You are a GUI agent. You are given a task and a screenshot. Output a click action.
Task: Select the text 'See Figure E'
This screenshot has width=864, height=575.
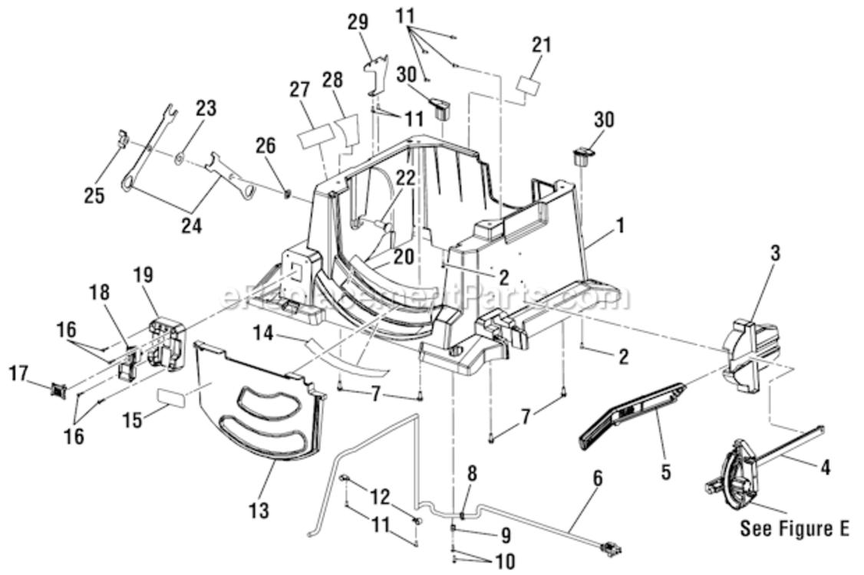794,530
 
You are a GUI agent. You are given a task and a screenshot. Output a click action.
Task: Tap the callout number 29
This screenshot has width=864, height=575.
358,22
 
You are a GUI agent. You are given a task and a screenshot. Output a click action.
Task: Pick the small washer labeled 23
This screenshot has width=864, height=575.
178,158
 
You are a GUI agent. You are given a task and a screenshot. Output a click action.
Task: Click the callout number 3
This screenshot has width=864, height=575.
776,254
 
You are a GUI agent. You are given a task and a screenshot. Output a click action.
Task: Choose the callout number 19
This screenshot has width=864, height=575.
143,274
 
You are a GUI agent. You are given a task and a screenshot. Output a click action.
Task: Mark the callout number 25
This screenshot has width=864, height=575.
94,195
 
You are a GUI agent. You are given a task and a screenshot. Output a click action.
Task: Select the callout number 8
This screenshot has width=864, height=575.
472,472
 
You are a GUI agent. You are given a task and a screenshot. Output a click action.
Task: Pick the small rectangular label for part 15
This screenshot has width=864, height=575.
173,397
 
